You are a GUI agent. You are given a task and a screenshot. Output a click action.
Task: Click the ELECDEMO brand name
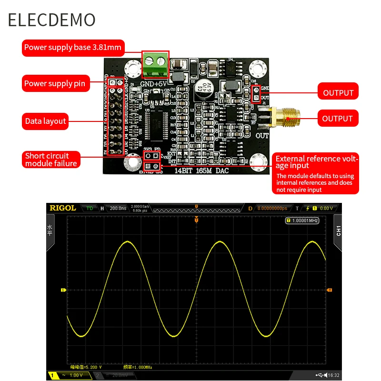click(x=51, y=20)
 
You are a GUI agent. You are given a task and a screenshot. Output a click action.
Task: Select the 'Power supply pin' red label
click(x=55, y=84)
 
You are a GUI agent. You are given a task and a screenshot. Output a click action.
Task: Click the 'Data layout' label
click(x=45, y=121)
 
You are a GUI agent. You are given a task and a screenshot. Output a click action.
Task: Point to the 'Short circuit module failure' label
click(x=51, y=160)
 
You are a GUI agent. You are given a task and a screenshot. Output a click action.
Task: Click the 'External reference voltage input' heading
click(x=317, y=162)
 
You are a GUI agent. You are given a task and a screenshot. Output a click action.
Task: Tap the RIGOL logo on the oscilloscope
click(x=63, y=208)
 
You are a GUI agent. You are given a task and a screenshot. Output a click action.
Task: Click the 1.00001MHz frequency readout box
click(x=302, y=221)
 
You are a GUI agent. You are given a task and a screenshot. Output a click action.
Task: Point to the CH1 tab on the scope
click(x=339, y=231)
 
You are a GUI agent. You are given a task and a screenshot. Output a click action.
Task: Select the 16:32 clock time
click(x=333, y=375)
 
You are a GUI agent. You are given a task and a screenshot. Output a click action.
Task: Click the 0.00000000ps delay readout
click(x=271, y=208)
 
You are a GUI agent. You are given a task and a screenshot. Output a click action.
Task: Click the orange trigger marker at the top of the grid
click(x=196, y=220)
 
